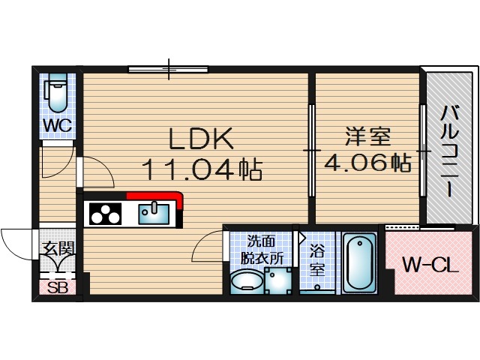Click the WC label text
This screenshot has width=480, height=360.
[x=57, y=125]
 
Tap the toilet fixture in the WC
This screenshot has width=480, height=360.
[x=57, y=93]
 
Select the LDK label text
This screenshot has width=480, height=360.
[x=200, y=139]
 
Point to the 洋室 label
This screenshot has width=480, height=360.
[x=367, y=138]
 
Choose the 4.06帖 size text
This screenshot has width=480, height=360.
[x=367, y=161]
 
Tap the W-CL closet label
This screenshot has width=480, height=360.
[x=428, y=265]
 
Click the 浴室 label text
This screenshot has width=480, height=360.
[x=317, y=260]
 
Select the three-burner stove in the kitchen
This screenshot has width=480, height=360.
[x=106, y=214]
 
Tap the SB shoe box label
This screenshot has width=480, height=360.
[x=57, y=287]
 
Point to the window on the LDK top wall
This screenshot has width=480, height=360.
[x=168, y=70]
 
